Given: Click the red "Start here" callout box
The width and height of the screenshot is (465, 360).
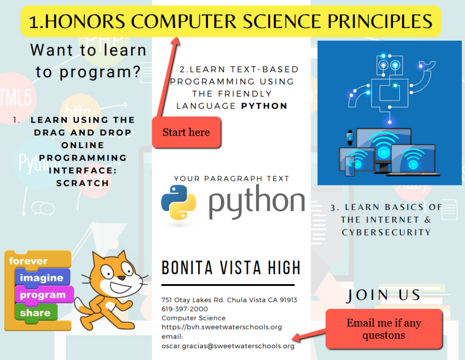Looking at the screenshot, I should [186, 132].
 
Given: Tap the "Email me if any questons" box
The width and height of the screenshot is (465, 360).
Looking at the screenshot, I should [384, 329].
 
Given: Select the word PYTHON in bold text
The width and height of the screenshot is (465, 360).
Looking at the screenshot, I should [264, 106].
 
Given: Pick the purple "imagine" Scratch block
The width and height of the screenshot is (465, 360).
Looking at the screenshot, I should [41, 277].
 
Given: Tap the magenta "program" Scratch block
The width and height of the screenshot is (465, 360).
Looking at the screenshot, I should [43, 295].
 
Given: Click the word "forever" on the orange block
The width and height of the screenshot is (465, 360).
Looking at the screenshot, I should [28, 261].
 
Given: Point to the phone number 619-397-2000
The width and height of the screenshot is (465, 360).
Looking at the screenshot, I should [185, 309].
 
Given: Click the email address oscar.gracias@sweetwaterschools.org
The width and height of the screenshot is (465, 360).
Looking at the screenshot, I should [228, 346].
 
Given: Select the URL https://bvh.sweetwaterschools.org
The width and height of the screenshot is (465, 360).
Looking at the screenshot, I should [222, 327].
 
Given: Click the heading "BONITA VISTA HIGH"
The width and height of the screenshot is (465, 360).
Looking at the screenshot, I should [231, 268].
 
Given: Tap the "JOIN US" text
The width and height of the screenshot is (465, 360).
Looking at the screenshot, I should [384, 295].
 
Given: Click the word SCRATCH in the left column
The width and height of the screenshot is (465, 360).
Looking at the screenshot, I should [83, 183].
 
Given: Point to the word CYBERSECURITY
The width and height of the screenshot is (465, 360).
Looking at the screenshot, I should [386, 232].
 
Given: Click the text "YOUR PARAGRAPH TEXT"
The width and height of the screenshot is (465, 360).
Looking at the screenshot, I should [232, 179].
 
